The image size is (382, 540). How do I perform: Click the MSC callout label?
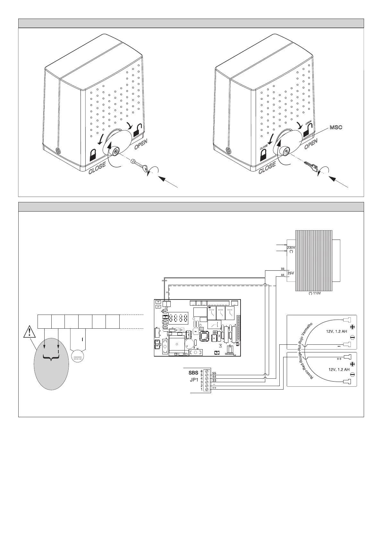click(335, 127)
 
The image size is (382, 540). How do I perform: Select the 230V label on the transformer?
click(291, 247)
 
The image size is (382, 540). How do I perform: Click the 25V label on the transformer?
click(291, 273)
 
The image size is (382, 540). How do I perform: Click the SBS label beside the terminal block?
click(193, 373)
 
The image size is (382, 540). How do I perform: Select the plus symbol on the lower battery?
click(352, 364)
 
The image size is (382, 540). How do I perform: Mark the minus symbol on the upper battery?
click(352, 337)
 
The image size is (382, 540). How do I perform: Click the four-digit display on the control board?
click(179, 318)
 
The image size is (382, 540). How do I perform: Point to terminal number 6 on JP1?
click(201, 371)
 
